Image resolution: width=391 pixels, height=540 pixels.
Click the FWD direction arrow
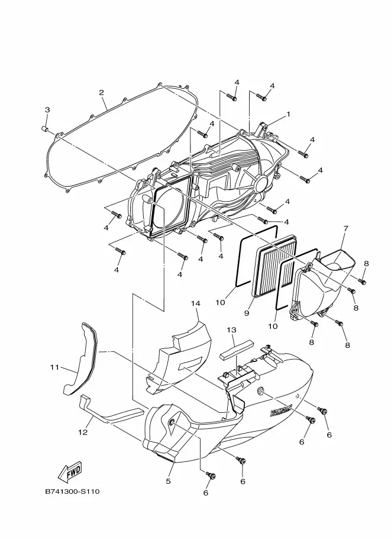click(70, 471)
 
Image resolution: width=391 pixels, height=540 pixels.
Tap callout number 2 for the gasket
click(101, 92)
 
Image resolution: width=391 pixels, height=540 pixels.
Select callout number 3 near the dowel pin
click(47, 110)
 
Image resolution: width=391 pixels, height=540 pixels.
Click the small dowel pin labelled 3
click(44, 129)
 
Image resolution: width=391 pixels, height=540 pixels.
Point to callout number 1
click(288, 114)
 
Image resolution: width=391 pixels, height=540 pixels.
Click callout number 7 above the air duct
click(345, 228)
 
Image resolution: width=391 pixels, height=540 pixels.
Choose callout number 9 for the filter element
click(247, 313)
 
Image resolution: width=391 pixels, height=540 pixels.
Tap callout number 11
click(54, 367)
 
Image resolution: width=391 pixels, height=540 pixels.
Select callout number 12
click(83, 432)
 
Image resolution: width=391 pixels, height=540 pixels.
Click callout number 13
click(231, 330)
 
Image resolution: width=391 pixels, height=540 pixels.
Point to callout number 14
click(195, 303)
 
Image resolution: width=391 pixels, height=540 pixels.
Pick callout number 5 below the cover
click(168, 481)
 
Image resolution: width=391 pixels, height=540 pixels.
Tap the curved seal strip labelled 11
click(80, 358)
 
